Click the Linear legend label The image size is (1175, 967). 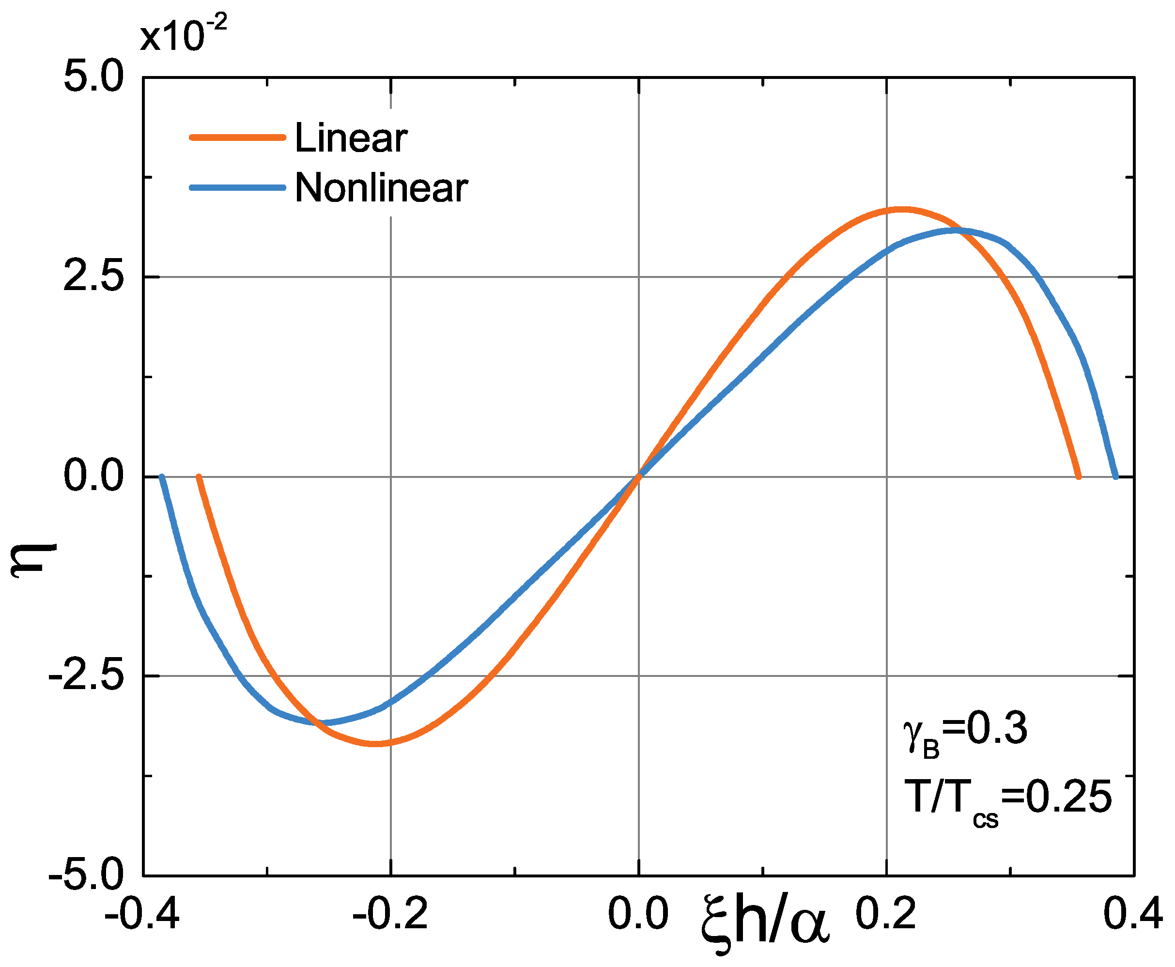click(351, 138)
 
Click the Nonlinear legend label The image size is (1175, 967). click(381, 188)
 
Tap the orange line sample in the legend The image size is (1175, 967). click(238, 137)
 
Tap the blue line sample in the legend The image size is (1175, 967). click(238, 188)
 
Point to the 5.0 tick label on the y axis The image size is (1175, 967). click(93, 77)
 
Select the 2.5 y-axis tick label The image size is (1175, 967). click(93, 277)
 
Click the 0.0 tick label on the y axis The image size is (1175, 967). click(93, 476)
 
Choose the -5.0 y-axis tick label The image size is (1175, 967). click(86, 875)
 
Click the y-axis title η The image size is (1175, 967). click(34, 560)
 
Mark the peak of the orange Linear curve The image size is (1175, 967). click(901, 210)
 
